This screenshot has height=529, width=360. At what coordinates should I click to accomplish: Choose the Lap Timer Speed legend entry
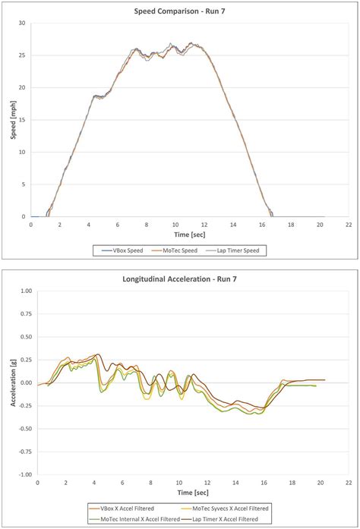point(243,250)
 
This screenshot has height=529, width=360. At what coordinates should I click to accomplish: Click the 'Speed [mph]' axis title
point(10,120)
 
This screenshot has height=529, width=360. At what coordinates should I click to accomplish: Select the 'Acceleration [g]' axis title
point(10,383)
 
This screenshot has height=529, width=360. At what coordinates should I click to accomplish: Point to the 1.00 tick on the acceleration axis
point(22,291)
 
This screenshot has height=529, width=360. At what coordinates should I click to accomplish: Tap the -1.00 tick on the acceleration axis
point(21,474)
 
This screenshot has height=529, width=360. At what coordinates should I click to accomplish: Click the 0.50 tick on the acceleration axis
point(22,337)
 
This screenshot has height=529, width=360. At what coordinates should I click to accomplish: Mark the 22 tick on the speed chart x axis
point(348,225)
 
